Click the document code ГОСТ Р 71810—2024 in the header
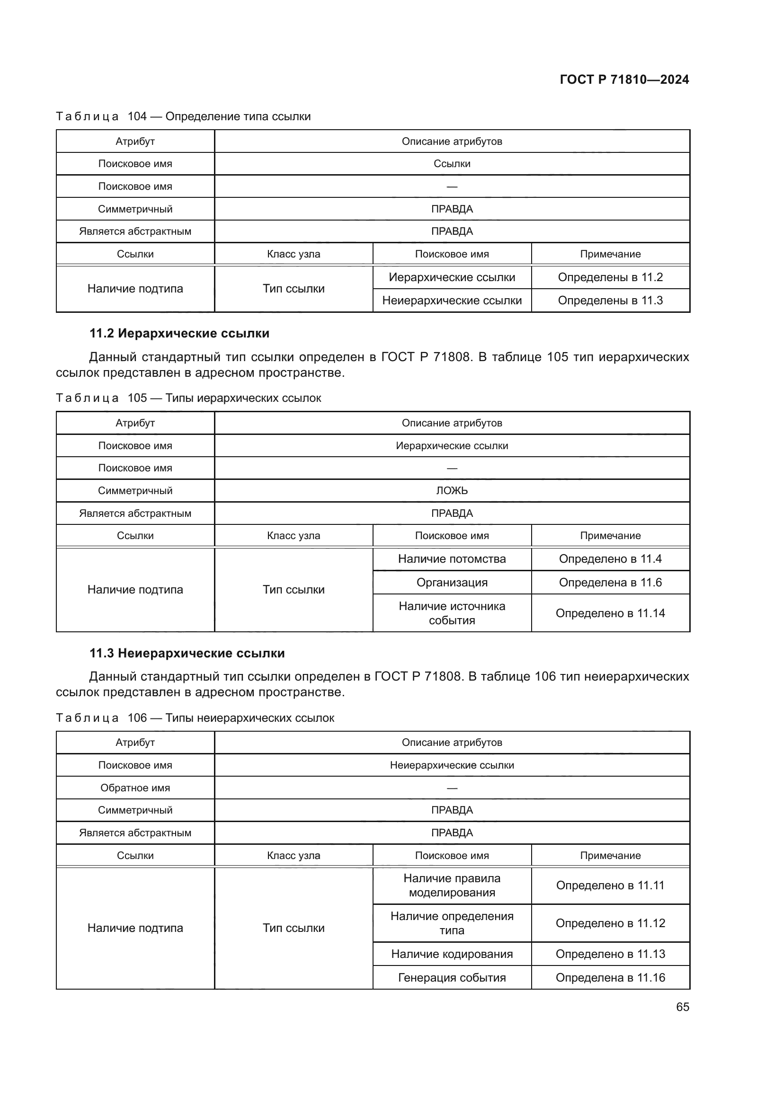624,80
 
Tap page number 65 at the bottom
682,1007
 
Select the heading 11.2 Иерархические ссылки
179,333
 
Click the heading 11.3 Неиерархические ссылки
187,653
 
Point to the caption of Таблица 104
183,116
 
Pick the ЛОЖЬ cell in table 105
452,490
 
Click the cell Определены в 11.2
610,277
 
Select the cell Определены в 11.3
610,301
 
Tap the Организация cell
452,583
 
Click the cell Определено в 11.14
610,613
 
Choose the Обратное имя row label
135,788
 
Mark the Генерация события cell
452,977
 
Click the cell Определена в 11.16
610,977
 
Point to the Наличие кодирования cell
452,954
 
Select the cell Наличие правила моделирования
452,885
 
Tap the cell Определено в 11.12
610,923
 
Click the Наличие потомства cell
452,559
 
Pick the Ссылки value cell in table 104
452,163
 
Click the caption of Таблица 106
195,718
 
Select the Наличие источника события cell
452,613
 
